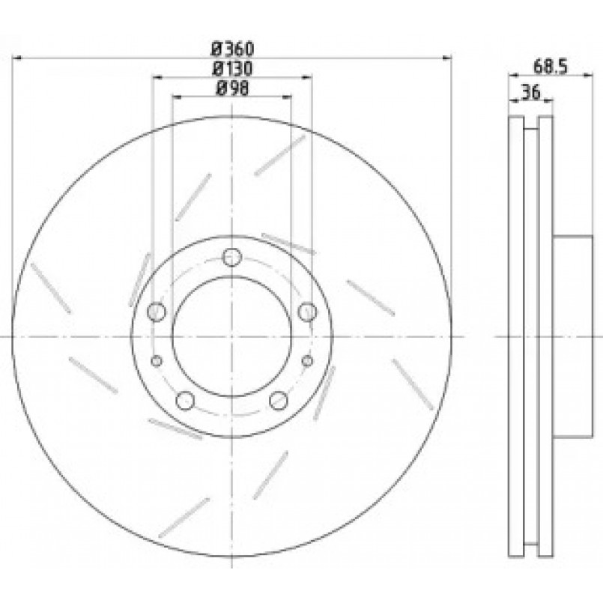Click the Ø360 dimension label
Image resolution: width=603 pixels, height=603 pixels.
point(233,49)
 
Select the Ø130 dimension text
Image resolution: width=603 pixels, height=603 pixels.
point(233,69)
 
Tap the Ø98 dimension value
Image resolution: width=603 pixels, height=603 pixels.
point(233,89)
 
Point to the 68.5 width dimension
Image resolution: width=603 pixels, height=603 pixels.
point(551,67)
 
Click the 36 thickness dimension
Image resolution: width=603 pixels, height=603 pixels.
point(531,92)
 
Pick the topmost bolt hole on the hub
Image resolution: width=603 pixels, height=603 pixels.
point(232,257)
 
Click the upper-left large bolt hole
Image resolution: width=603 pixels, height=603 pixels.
point(157,312)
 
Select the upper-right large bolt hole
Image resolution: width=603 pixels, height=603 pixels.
point(308,312)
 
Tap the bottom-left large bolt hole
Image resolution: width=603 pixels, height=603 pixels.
point(185,401)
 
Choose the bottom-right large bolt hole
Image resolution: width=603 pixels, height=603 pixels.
point(279,401)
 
